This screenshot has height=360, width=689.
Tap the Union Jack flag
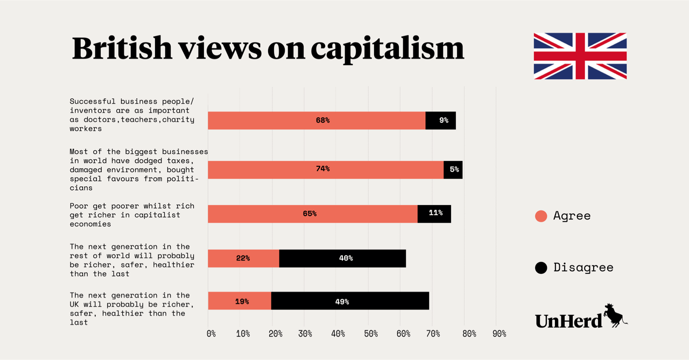click(580, 56)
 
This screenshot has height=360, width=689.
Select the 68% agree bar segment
click(317, 121)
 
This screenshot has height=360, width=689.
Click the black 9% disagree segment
click(440, 121)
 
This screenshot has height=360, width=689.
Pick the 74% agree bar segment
click(326, 170)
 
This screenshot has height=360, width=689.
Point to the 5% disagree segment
click(453, 170)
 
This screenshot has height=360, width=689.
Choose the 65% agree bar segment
click(312, 214)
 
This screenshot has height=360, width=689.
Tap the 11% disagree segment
click(434, 214)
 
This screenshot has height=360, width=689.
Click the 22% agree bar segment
click(243, 258)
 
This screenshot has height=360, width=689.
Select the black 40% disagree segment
click(342, 258)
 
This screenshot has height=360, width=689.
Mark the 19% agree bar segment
click(240, 301)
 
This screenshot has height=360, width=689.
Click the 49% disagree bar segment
click(350, 301)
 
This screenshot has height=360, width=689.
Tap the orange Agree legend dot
click(541, 216)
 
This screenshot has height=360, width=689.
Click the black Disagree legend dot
click(541, 267)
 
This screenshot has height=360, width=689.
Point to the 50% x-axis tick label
click(370, 334)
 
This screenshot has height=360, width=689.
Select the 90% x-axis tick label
click(499, 334)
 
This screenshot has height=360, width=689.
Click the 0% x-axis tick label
click(211, 334)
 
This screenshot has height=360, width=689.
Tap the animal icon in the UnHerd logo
click(615, 315)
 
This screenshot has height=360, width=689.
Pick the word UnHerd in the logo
click(568, 321)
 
